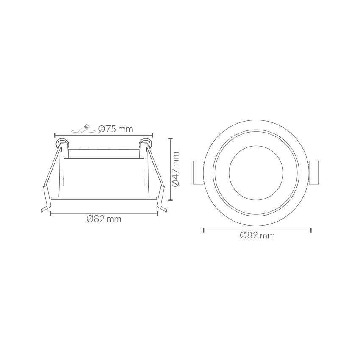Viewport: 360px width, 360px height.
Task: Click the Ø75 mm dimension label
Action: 116,129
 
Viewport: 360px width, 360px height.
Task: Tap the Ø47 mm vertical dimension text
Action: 176,169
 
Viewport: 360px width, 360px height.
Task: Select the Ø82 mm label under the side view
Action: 104,219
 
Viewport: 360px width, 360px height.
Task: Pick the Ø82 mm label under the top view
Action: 257,235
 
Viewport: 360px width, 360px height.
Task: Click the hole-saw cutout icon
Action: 83,129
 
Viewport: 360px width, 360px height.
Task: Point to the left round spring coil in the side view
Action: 61,144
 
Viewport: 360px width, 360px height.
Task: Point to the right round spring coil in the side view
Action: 145,144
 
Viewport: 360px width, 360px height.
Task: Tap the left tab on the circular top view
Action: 198,172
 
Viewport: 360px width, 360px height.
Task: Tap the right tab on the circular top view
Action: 314,172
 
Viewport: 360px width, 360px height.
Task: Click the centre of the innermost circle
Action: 256,173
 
